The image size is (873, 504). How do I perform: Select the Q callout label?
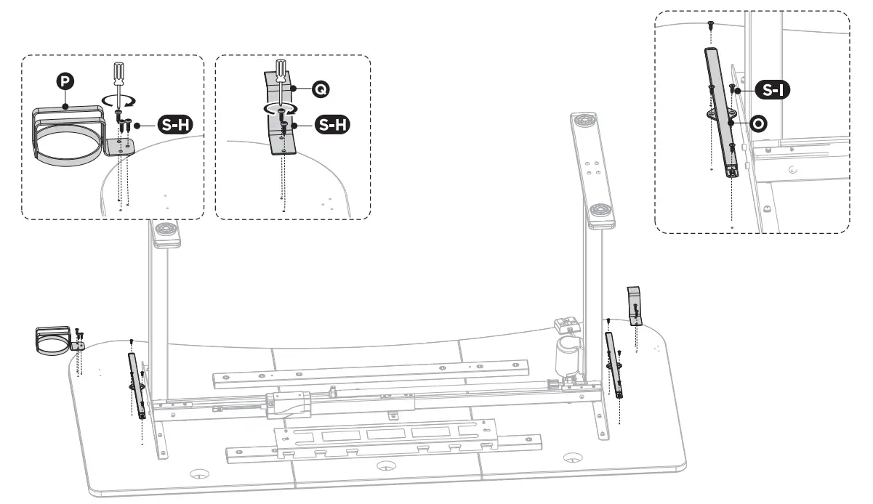[319, 89]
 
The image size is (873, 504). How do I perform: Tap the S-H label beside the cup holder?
[176, 125]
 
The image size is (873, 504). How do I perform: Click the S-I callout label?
[772, 90]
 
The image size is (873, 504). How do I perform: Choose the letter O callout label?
[757, 123]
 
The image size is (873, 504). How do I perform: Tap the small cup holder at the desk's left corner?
[52, 339]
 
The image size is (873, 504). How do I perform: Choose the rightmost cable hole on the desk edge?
[574, 458]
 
